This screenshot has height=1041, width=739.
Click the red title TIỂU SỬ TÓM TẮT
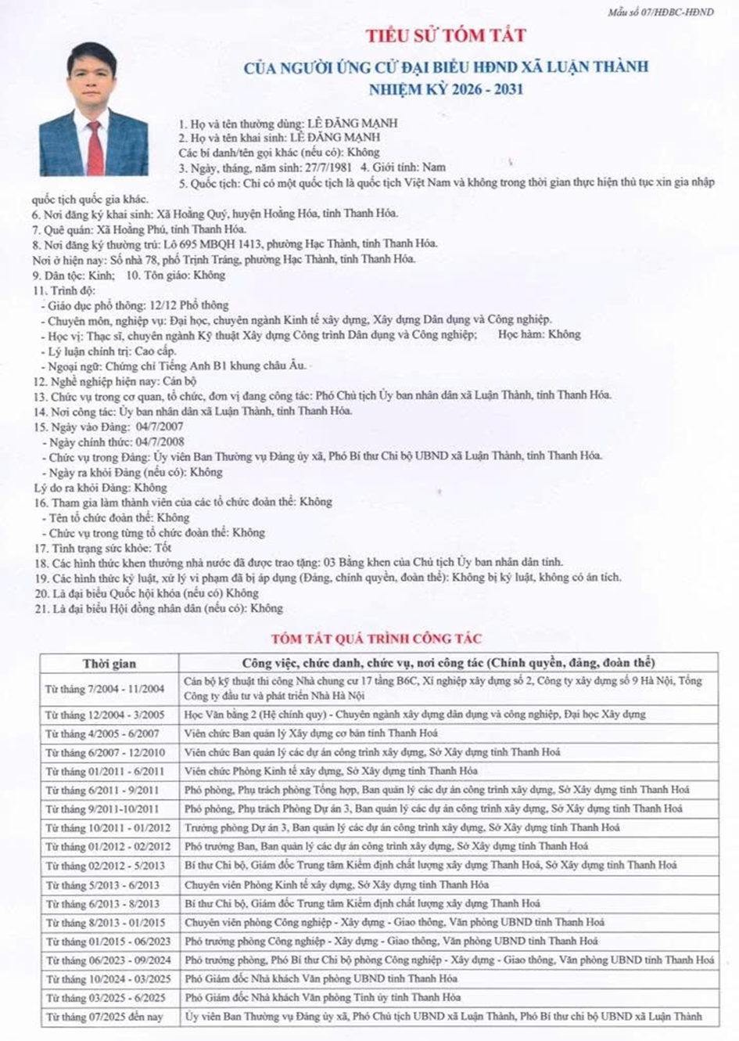(446, 35)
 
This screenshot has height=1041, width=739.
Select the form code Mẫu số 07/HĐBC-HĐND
(660, 12)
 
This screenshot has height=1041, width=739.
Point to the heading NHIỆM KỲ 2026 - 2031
(446, 89)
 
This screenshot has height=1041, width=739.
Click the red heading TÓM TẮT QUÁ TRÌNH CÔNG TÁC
(376, 639)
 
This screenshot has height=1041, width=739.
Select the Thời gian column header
(109, 664)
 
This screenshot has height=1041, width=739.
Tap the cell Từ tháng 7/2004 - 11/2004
(105, 689)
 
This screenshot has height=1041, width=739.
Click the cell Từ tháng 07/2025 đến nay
(104, 1017)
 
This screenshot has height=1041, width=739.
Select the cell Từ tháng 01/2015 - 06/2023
(107, 942)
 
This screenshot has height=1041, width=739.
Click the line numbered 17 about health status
(102, 548)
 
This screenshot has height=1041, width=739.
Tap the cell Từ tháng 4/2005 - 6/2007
(102, 734)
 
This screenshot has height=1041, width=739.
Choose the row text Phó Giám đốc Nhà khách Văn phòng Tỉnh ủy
(322, 998)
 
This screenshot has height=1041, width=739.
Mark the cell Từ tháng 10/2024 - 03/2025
(107, 979)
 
